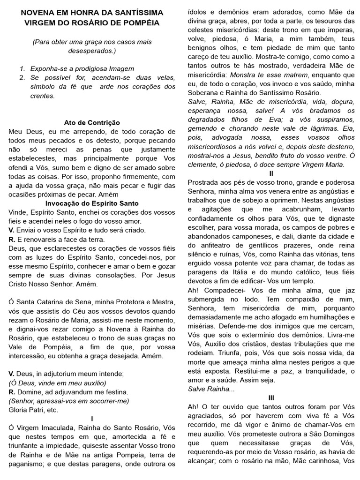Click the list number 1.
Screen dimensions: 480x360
[x=22, y=68]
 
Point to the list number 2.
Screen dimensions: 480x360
[x=22, y=77]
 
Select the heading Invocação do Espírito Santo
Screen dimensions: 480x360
[x=92, y=203]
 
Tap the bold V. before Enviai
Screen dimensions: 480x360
[x=12, y=230]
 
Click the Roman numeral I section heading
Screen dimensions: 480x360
[x=92, y=418]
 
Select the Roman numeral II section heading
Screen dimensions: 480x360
[x=271, y=173]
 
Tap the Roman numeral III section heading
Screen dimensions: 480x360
[x=271, y=397]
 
